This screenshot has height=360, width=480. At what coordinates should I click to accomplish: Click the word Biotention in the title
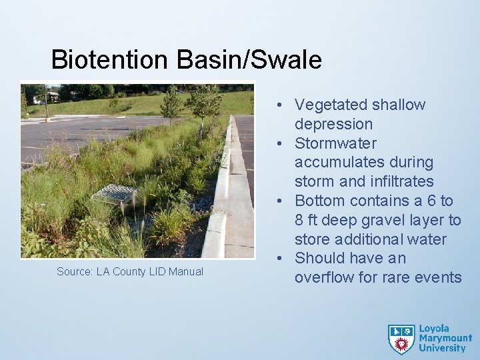click(111, 60)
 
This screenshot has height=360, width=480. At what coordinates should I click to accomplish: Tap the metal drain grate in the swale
click(114, 194)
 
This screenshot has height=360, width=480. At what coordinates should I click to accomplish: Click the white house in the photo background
click(46, 97)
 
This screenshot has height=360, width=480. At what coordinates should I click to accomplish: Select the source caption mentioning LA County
click(130, 271)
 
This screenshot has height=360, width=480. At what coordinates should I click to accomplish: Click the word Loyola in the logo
click(435, 329)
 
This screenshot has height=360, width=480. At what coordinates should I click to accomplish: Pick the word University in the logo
click(442, 348)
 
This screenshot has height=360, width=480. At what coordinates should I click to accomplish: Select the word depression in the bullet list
click(333, 124)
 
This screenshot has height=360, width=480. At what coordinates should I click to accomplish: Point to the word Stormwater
click(335, 143)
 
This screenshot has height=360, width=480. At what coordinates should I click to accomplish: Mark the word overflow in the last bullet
click(324, 277)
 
